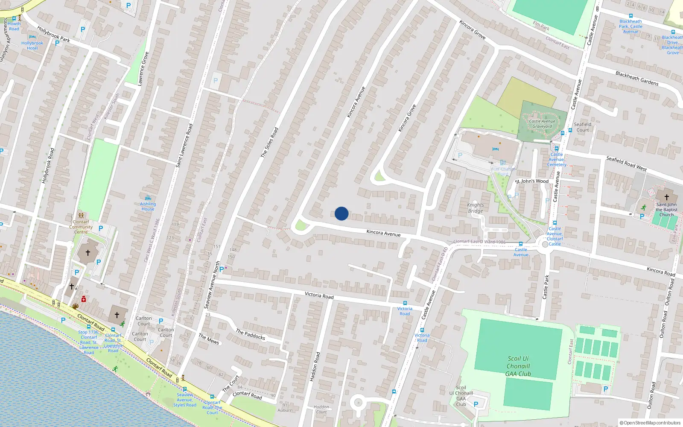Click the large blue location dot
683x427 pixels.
pos(341,213)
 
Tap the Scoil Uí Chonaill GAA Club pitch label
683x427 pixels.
pos(518,366)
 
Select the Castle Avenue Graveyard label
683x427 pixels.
pos(542,124)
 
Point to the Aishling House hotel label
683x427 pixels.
pos(148,206)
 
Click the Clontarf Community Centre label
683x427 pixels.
pos(81,227)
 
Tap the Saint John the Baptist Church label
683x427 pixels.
pos(666,209)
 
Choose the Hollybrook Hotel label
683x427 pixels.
pos(32,46)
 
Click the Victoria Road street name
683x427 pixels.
pos(319,295)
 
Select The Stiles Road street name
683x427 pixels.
pos(269,142)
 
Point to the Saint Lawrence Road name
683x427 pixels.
pos(184,145)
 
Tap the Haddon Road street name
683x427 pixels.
pos(315,366)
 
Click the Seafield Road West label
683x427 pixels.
pos(626,164)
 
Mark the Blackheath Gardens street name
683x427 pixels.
pos(637,78)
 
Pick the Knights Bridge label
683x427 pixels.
pos(476,208)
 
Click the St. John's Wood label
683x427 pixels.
pos(531,181)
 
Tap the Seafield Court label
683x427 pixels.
pos(582,127)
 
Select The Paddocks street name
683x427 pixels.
pos(251,334)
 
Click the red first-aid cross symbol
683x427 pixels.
pos(84,299)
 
